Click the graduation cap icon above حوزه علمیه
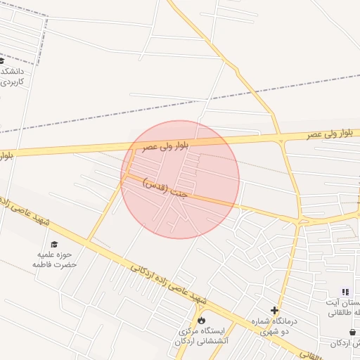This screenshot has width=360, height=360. click(54, 244)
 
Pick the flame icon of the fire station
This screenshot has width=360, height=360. click(202, 321)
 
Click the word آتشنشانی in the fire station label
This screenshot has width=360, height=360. click(199, 341)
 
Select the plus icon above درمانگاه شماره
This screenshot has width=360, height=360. click(274, 310)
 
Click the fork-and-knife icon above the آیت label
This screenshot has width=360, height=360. click(345, 292)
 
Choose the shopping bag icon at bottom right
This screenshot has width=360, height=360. click(352, 332)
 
